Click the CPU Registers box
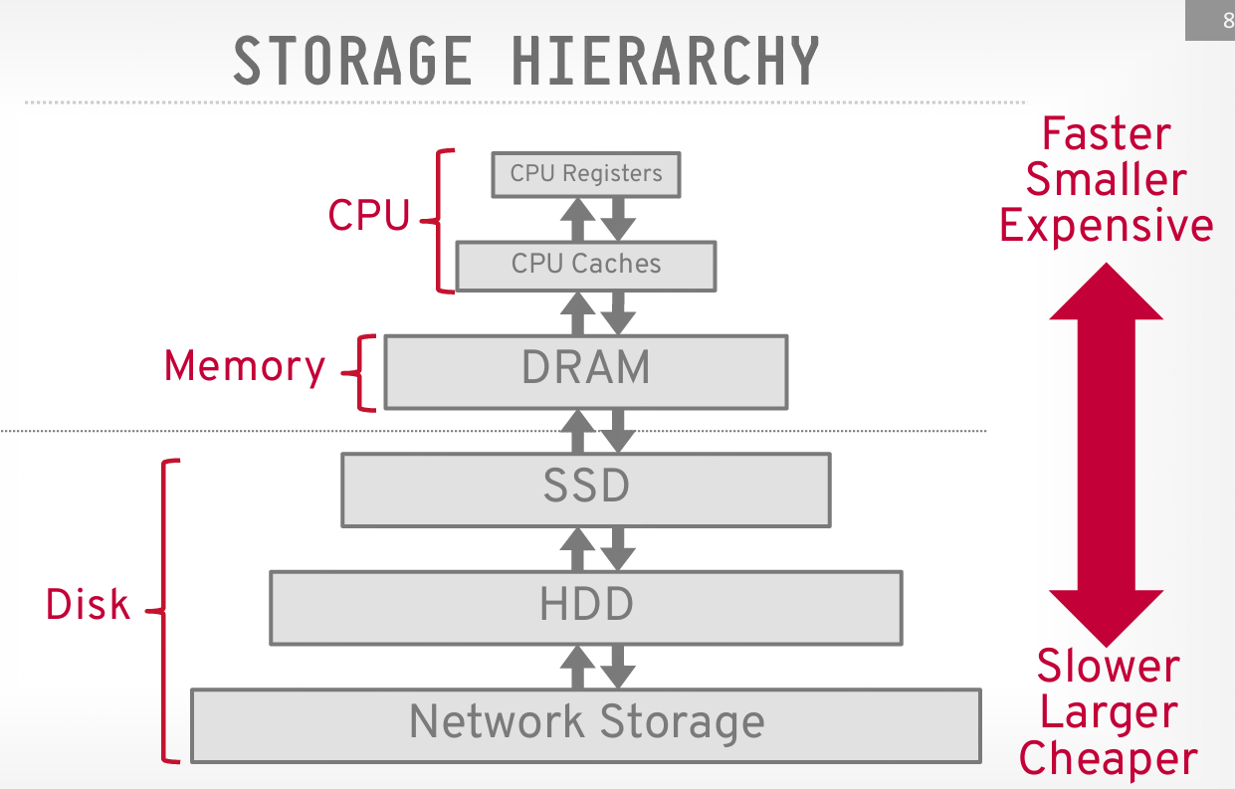pyautogui.click(x=586, y=174)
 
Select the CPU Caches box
pyautogui.click(x=586, y=264)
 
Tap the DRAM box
pyautogui.click(x=586, y=370)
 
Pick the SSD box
pyautogui.click(x=586, y=489)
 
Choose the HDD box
pyautogui.click(x=586, y=606)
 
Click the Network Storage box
pyautogui.click(x=586, y=724)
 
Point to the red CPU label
pyautogui.click(x=368, y=216)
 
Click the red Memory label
pyautogui.click(x=245, y=366)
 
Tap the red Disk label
pyautogui.click(x=88, y=605)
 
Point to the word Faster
pyautogui.click(x=1106, y=134)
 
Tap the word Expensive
pyautogui.click(x=1106, y=227)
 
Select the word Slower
pyautogui.click(x=1108, y=666)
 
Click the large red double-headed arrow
pyautogui.click(x=1106, y=453)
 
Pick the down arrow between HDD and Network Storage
pyautogui.click(x=618, y=665)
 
